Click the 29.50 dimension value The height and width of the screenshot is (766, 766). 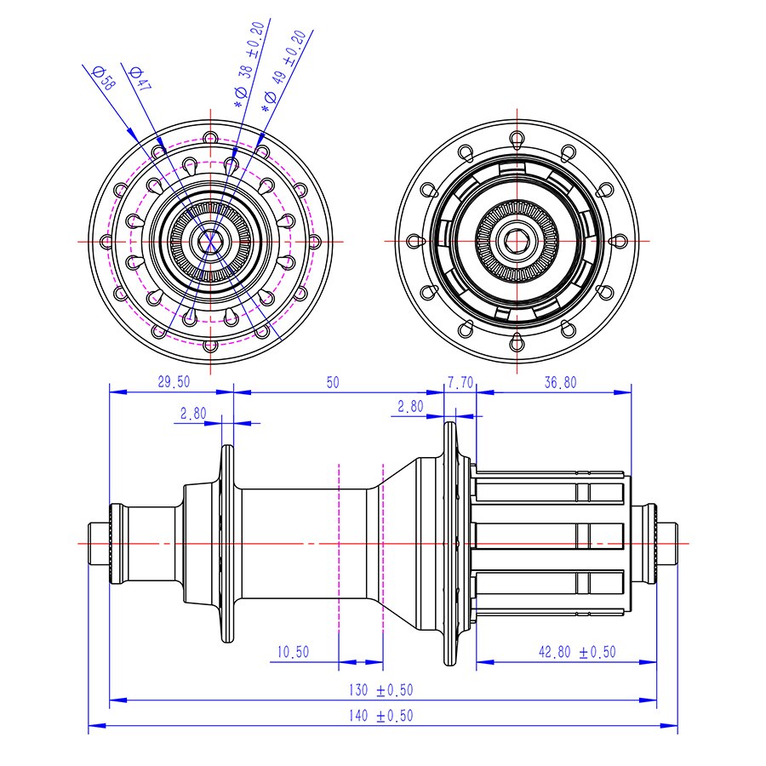click(x=174, y=383)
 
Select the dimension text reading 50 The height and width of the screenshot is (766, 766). click(x=332, y=383)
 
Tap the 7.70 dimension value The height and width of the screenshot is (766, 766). click(x=460, y=383)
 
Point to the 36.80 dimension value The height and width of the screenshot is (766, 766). click(x=560, y=383)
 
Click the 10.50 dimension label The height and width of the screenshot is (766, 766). click(x=293, y=652)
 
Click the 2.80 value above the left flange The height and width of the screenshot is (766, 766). click(x=192, y=413)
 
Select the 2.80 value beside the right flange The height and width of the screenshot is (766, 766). click(x=410, y=407)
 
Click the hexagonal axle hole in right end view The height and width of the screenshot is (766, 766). click(x=517, y=241)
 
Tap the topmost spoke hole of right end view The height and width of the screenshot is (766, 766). click(x=517, y=137)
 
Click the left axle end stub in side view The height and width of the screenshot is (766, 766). click(x=99, y=543)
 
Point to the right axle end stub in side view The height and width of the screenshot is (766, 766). click(x=669, y=543)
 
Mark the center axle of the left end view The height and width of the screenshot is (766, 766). click(x=210, y=241)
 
